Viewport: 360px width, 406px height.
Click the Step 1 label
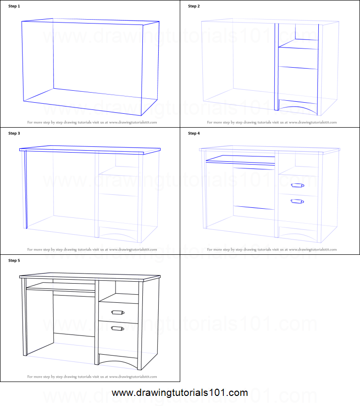pos(14,6)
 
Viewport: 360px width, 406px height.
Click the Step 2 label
pos(194,6)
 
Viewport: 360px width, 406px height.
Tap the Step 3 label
pos(14,133)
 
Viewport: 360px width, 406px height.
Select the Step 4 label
pos(194,133)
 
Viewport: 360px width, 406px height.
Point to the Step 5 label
pos(14,261)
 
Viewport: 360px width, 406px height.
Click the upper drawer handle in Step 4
pos(297,185)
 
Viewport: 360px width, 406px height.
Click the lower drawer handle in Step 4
pos(297,202)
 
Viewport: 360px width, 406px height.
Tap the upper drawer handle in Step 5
pos(117,313)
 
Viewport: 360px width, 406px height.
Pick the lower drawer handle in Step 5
pos(117,329)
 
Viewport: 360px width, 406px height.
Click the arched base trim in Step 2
pos(298,108)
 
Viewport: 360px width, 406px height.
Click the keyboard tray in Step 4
pos(240,159)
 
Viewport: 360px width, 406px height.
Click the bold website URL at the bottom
pos(180,393)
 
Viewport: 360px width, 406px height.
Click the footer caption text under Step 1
pos(92,122)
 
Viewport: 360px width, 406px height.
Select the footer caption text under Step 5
pos(92,377)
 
